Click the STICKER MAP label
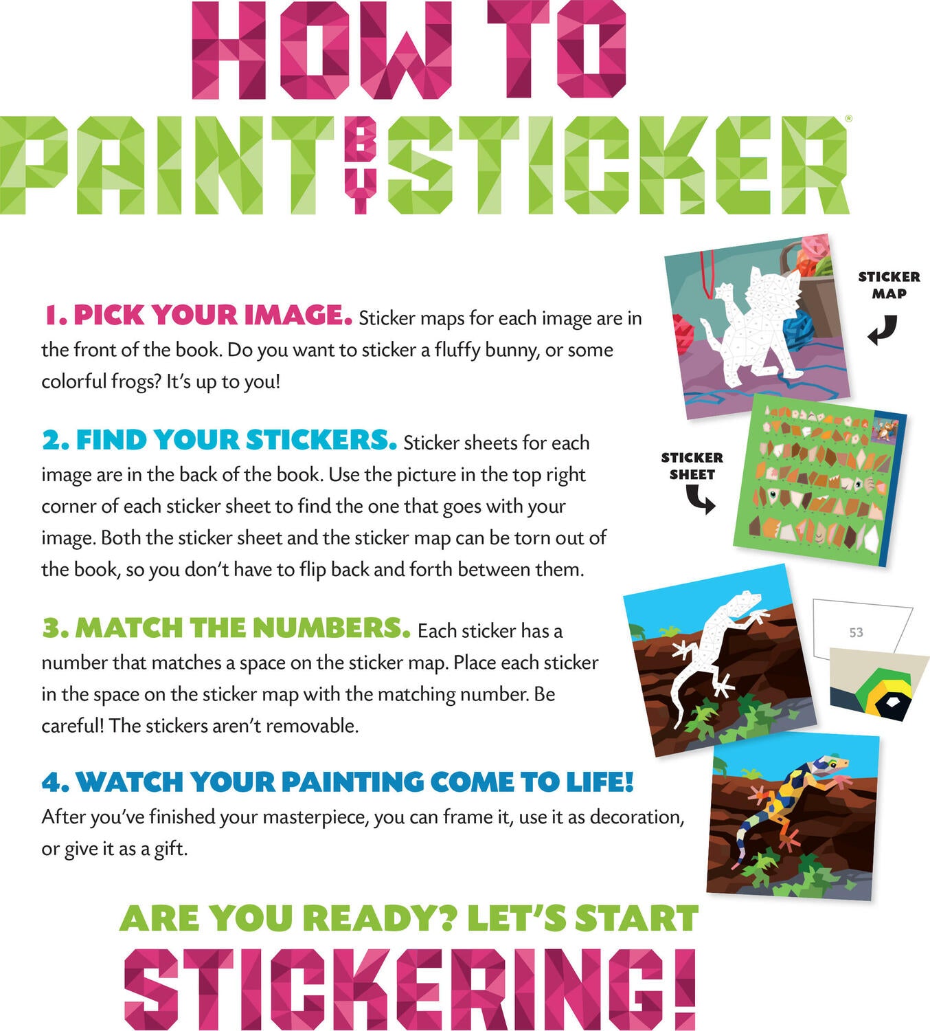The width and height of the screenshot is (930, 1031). click(x=889, y=285)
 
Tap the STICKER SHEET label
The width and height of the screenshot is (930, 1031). click(x=692, y=466)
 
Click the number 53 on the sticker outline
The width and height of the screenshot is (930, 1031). click(x=856, y=632)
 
